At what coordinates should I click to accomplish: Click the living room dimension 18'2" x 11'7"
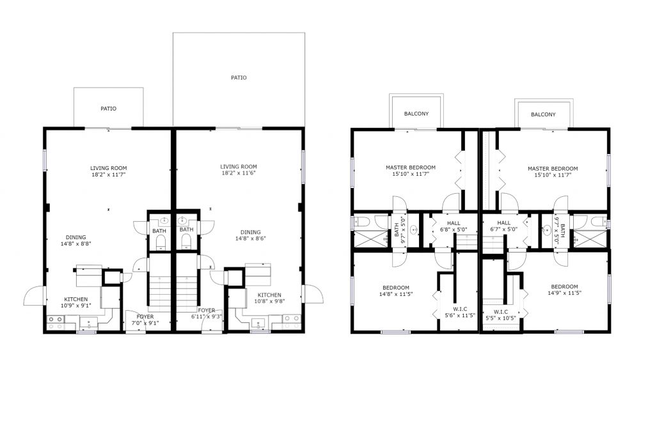click(109, 175)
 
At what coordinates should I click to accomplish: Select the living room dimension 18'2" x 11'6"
click(239, 173)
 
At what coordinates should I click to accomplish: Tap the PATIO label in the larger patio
click(239, 78)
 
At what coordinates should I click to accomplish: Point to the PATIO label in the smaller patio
click(109, 109)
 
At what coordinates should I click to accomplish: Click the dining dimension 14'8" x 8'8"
click(76, 244)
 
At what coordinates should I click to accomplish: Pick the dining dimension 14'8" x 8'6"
click(251, 238)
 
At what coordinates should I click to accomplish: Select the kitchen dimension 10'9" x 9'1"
click(76, 306)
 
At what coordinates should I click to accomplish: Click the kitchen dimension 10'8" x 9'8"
click(269, 301)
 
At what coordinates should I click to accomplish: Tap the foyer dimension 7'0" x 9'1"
click(145, 323)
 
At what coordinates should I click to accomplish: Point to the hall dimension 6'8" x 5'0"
click(454, 230)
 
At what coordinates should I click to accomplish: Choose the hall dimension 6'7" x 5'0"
click(504, 230)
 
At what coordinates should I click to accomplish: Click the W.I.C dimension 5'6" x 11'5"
click(460, 315)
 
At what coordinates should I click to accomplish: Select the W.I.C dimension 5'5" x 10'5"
click(501, 318)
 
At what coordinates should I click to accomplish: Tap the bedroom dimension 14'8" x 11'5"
click(396, 294)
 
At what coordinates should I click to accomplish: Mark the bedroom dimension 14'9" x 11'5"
click(564, 293)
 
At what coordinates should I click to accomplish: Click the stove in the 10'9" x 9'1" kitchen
click(56, 322)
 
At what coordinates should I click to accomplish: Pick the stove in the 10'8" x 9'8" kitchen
click(292, 322)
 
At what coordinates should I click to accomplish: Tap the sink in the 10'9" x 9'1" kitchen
click(88, 323)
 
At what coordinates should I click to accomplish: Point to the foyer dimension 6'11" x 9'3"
click(207, 316)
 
